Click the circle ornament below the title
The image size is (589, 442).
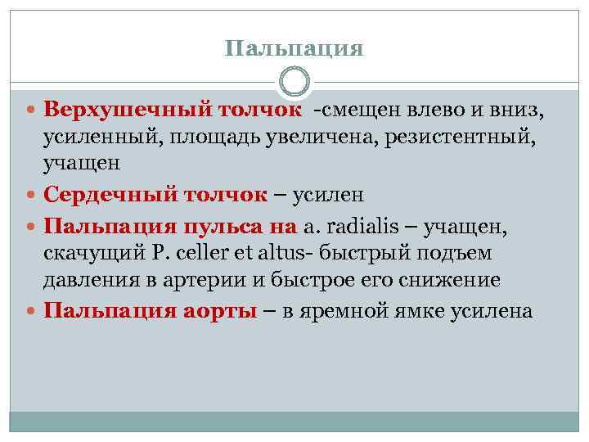point(294,83)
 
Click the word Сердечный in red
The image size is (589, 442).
point(97,195)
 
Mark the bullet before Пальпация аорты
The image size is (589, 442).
point(31,311)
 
